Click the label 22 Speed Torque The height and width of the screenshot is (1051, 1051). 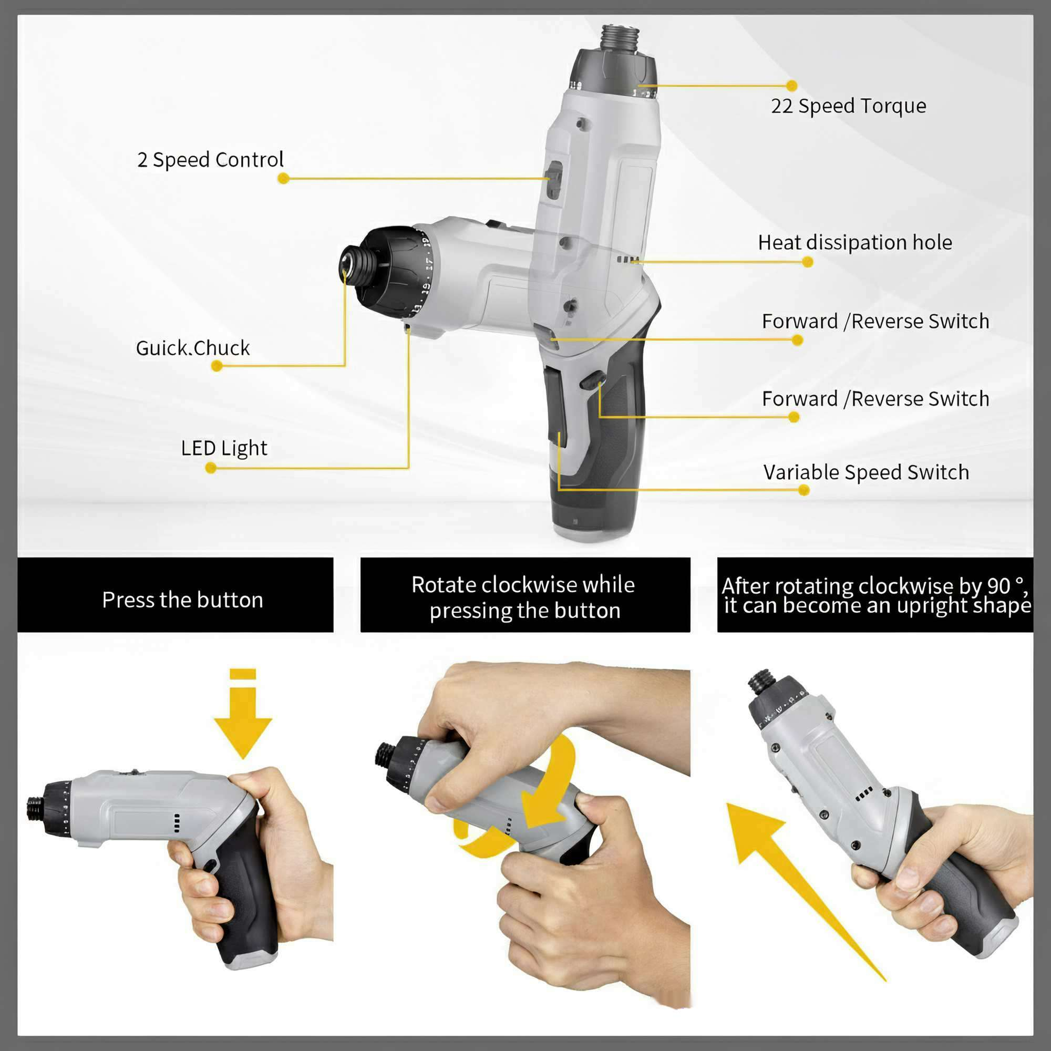[848, 106]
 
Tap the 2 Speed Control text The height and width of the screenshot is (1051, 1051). [210, 160]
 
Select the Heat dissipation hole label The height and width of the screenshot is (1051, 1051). [855, 243]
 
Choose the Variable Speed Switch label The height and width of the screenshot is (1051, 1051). [866, 472]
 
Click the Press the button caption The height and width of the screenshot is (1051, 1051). [183, 600]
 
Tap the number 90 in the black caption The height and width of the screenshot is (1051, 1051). [998, 586]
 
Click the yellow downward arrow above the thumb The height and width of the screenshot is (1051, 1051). [243, 713]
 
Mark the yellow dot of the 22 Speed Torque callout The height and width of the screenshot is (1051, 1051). [792, 86]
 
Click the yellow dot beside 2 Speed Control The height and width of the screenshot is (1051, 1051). [283, 179]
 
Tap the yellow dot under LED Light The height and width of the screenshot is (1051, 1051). [211, 468]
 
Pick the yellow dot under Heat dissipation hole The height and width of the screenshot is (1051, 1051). [808, 262]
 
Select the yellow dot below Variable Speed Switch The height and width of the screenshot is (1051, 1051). [804, 491]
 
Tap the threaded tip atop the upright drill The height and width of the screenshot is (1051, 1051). [619, 38]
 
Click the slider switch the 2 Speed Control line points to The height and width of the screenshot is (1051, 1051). [554, 180]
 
